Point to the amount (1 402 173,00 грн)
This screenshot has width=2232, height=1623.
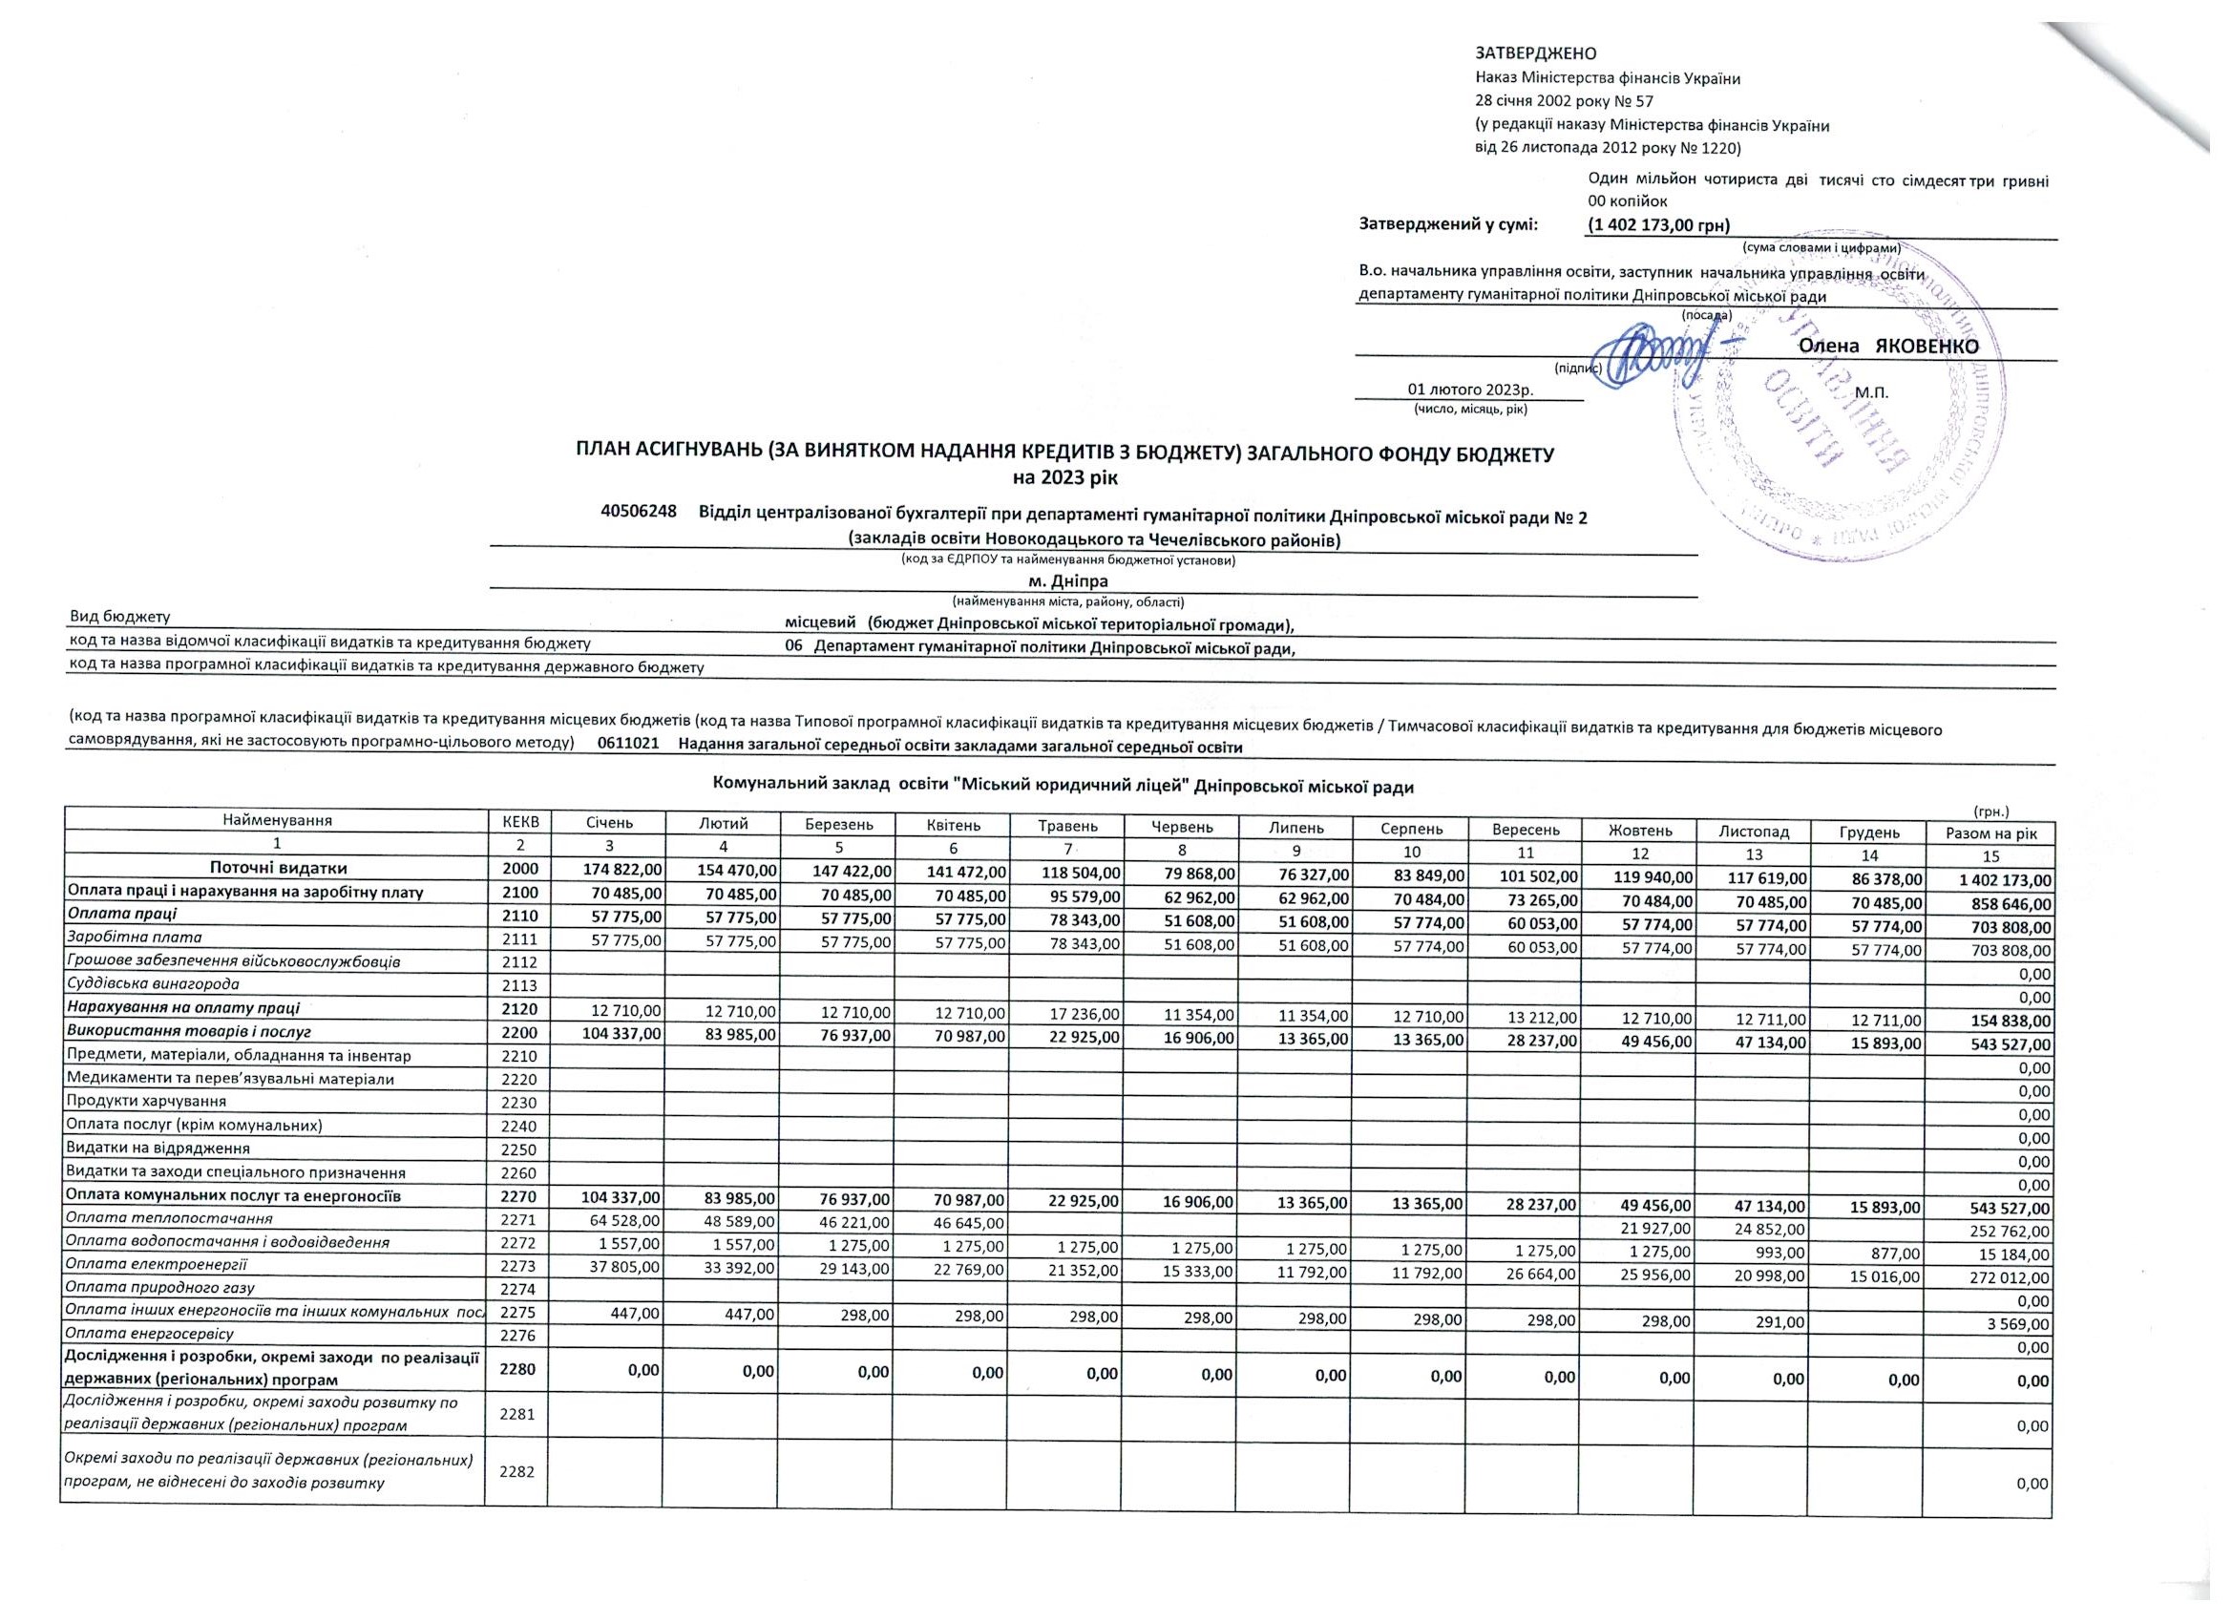coord(1659,225)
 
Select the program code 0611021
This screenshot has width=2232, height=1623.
coord(628,747)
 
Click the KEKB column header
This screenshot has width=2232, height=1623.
coord(516,820)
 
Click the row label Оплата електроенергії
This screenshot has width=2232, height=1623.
coord(156,1264)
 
